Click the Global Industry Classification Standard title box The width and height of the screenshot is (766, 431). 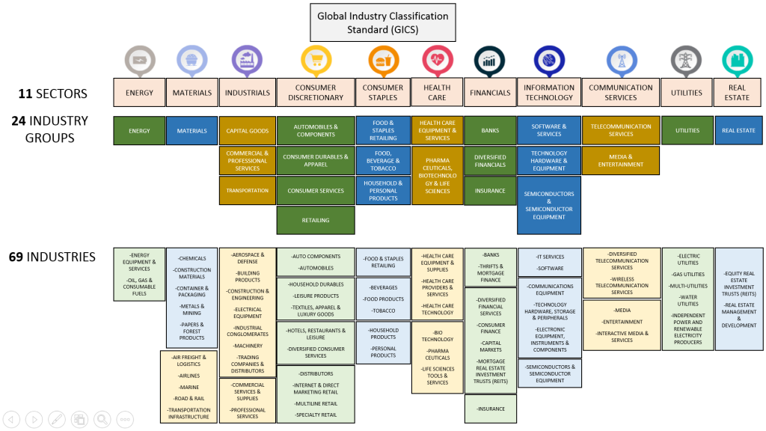(382, 22)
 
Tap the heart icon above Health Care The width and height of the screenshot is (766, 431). (437, 60)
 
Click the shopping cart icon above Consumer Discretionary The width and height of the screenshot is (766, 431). (316, 60)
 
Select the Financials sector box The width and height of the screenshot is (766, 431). (490, 93)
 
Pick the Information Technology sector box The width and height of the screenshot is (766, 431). (549, 93)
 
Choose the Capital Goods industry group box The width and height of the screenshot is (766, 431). (247, 131)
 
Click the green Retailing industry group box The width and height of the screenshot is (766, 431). (316, 221)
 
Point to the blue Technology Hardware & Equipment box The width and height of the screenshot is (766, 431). (549, 161)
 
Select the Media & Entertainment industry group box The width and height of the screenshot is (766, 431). (621, 160)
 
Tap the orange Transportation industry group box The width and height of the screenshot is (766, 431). (247, 191)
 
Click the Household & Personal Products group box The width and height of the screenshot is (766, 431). (383, 191)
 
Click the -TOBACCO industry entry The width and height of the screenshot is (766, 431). (382, 311)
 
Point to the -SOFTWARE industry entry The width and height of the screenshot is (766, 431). (550, 269)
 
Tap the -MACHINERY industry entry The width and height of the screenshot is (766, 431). (248, 346)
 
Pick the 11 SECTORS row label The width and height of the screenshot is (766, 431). (53, 94)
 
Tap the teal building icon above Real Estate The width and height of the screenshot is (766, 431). (737, 60)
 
